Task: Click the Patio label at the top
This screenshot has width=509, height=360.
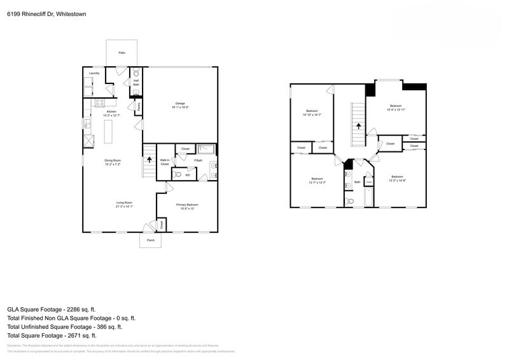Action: point(122,52)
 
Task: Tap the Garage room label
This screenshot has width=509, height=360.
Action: point(180,103)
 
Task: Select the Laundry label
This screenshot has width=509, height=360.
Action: point(94,74)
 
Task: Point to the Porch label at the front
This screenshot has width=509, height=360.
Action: point(150,240)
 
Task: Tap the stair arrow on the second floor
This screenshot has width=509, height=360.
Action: point(358,127)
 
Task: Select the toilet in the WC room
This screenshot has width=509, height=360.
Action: point(178,174)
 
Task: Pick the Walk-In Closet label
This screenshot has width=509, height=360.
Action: point(164,162)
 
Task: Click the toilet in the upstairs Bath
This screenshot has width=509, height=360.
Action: point(349,201)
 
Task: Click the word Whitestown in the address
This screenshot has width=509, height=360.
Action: point(71,13)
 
